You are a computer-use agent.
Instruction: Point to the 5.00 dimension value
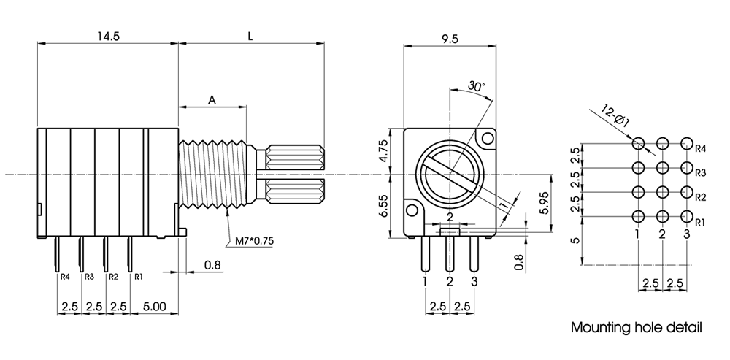[154, 307]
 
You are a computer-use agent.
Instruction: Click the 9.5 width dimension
[450, 40]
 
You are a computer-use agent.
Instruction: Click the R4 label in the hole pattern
[700, 148]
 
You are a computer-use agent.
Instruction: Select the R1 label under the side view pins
[138, 277]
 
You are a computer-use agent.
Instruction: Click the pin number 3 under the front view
[474, 280]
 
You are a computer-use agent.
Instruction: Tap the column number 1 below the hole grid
[638, 234]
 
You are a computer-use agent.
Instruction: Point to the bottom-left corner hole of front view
[412, 212]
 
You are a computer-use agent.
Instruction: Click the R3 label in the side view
[89, 277]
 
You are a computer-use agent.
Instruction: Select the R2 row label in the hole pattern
[700, 197]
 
